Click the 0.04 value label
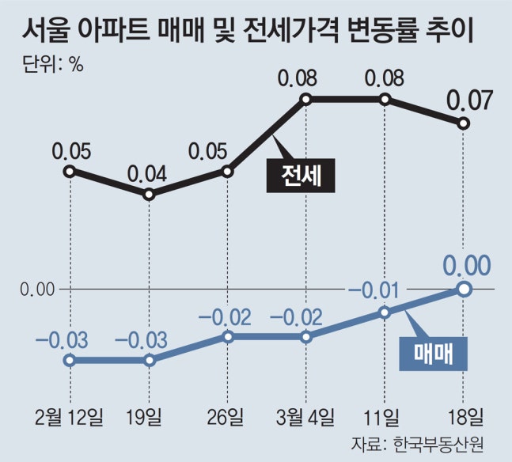148,172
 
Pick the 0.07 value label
470,101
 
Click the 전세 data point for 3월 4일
306,99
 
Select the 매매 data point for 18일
465,290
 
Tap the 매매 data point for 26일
228,337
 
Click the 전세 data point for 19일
149,194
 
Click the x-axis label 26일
228,416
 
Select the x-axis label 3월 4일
307,416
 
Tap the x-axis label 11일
385,416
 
